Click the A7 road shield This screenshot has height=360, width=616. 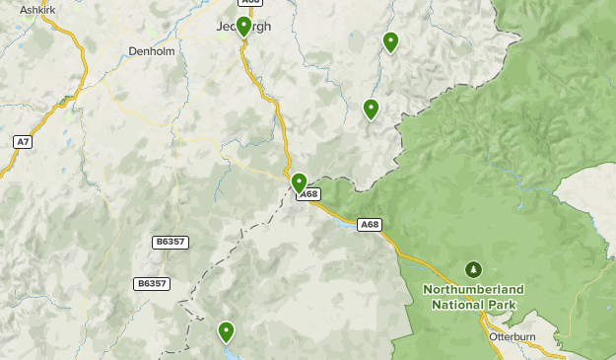(x=22, y=142)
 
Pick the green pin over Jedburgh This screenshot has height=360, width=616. (x=243, y=26)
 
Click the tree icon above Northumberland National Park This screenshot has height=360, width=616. (x=473, y=269)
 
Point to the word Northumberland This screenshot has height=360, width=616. (x=473, y=289)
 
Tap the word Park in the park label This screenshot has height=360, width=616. (x=501, y=304)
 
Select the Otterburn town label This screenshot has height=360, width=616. (x=512, y=336)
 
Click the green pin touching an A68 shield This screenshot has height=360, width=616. (x=300, y=182)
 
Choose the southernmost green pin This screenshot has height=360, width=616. (x=226, y=331)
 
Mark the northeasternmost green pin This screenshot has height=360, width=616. (x=390, y=41)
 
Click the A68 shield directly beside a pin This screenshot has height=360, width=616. (x=309, y=194)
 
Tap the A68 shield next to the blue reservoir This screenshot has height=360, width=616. (x=369, y=225)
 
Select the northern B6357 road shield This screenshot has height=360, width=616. (x=170, y=242)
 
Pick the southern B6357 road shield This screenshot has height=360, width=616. (x=151, y=283)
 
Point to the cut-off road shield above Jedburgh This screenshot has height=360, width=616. (x=249, y=2)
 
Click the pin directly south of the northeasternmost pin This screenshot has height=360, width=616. (x=371, y=108)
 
